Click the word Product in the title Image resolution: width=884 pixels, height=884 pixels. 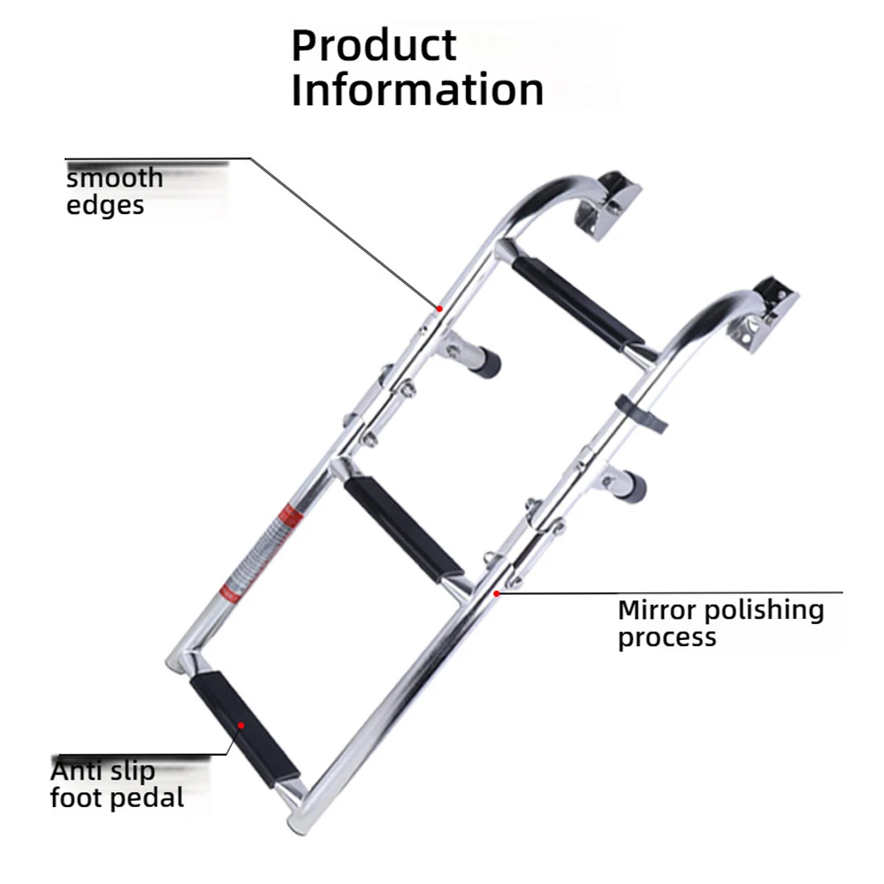[373, 45]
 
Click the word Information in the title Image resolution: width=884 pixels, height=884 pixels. [418, 89]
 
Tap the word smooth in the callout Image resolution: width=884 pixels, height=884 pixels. [115, 179]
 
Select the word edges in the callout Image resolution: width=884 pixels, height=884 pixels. [105, 205]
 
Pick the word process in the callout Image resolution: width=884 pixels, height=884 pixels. [667, 638]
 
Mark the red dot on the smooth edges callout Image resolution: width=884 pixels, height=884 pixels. [439, 309]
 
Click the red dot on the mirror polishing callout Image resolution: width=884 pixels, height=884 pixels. [496, 593]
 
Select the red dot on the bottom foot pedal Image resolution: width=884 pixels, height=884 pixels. [240, 725]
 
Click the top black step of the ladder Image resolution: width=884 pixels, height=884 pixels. [578, 303]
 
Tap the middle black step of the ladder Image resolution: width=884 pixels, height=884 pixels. [403, 529]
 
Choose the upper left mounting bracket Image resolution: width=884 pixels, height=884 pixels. [608, 205]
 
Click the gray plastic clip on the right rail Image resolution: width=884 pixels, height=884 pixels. [642, 413]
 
